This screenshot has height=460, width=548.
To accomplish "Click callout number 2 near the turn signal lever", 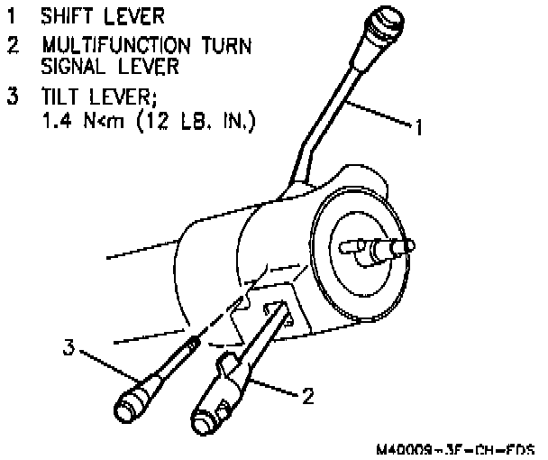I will tap(307, 395).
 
